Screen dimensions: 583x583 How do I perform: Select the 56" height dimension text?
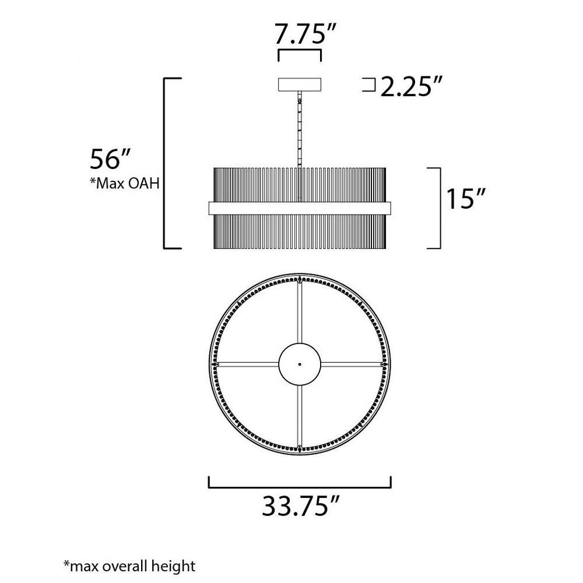[x=110, y=159]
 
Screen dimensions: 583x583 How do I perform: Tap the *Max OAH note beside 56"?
[x=125, y=183]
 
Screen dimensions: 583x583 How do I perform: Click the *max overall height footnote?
[x=129, y=566]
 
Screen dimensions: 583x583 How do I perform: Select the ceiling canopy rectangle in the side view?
[x=300, y=85]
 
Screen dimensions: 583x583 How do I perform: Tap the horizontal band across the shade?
[x=300, y=208]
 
